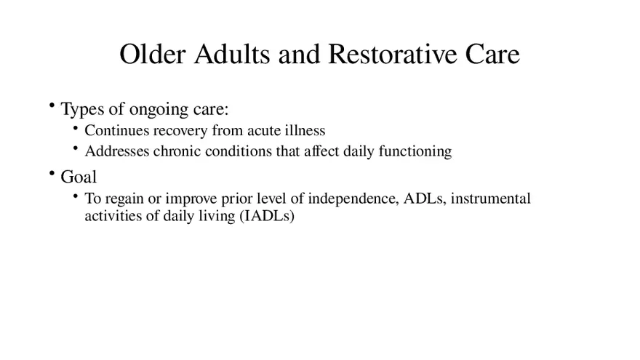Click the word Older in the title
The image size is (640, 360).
point(153,54)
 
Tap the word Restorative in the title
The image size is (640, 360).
point(392,54)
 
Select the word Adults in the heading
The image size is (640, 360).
point(232,54)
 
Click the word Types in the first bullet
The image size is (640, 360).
point(82,109)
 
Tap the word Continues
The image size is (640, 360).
point(117,130)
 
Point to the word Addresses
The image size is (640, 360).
point(117,151)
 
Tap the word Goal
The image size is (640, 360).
point(79,177)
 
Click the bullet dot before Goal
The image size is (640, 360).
point(52,174)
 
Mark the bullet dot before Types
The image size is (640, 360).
point(52,105)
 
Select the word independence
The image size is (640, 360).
point(353,199)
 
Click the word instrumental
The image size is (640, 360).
point(491,199)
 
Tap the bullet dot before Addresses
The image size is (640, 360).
point(76,148)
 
